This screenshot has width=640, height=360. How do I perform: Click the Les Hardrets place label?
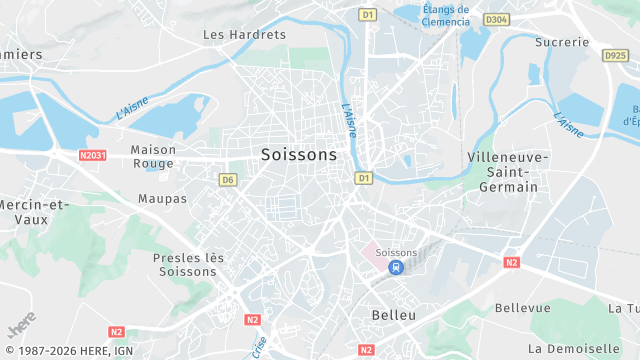231,34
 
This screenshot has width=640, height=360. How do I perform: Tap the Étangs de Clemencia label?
446,14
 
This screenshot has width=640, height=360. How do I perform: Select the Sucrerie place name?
561,42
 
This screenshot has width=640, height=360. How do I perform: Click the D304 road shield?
496,19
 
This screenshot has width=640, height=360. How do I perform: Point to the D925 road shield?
616,57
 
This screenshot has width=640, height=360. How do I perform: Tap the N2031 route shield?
92,155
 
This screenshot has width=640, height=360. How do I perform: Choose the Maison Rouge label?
153,156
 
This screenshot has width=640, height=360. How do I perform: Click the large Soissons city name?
298,155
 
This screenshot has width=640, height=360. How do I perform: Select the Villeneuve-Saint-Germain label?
508,172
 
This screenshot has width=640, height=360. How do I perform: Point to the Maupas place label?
163,199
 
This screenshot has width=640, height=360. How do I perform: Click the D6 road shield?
228,180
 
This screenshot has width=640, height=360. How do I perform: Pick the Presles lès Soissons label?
189,264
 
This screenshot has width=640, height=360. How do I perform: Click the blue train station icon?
397,268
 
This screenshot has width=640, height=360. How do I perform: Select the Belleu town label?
393,315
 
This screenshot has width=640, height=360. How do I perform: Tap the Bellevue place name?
524,307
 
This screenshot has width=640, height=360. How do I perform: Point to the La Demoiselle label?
574,348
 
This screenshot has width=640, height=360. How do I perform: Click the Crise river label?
260,346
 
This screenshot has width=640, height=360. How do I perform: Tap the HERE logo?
21,326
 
